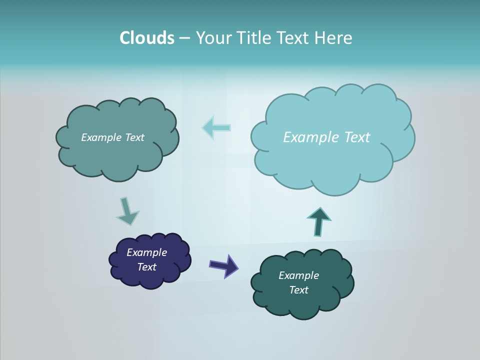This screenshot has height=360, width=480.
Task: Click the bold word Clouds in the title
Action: [x=147, y=38]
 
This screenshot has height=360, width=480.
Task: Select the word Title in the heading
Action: [x=256, y=38]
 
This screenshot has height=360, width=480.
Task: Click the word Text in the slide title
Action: [x=295, y=38]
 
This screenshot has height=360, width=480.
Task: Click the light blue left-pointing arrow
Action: [x=216, y=127]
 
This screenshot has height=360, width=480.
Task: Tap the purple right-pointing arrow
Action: [x=223, y=265]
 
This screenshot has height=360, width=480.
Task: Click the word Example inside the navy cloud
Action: [x=146, y=252]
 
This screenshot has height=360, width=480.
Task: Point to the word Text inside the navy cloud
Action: [x=147, y=267]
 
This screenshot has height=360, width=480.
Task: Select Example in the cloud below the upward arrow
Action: [x=298, y=275]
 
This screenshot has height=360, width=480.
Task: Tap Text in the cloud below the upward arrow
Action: [x=298, y=290]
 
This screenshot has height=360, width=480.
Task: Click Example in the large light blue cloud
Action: [x=308, y=137]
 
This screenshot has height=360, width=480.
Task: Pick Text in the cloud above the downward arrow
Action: [x=134, y=137]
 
